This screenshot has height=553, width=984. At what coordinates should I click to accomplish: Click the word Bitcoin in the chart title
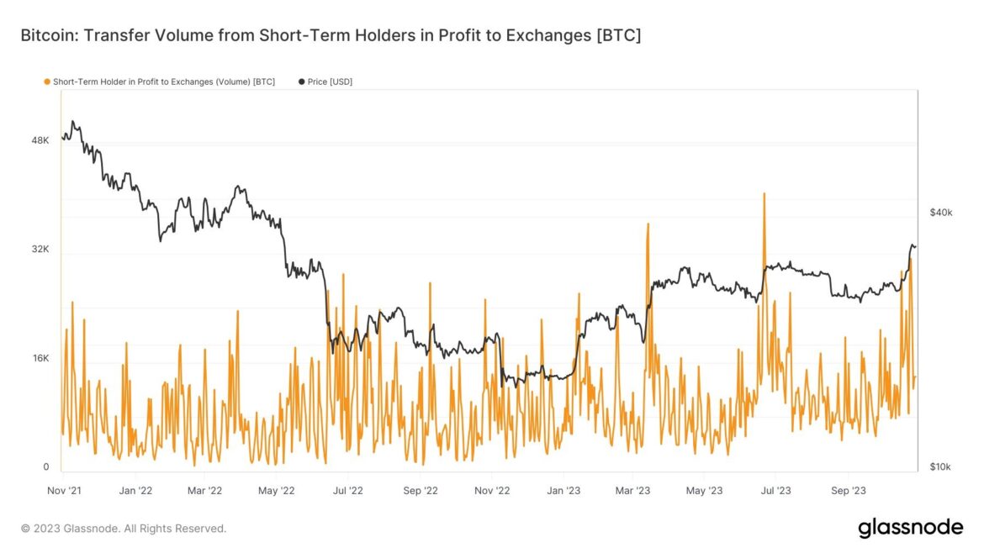(47, 36)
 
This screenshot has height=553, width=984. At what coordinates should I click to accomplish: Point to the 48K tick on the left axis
(40, 140)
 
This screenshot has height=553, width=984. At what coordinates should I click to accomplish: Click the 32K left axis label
(40, 250)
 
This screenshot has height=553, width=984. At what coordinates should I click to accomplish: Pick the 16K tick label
(40, 359)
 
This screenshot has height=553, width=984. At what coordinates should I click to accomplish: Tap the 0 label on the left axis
(46, 467)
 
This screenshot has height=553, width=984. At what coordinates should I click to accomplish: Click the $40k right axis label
(940, 213)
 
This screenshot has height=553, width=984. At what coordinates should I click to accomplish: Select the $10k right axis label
(940, 467)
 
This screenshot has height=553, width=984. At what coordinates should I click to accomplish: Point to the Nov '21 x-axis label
(63, 490)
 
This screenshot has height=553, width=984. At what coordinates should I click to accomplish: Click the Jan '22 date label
(135, 490)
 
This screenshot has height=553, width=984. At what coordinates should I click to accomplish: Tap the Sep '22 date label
(420, 490)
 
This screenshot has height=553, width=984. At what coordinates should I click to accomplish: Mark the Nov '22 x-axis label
(492, 490)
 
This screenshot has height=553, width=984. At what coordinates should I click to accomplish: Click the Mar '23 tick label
(632, 490)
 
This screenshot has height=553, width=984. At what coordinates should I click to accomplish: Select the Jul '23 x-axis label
(776, 490)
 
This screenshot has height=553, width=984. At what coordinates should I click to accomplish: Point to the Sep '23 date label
(848, 490)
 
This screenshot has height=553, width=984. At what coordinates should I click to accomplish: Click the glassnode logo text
(910, 528)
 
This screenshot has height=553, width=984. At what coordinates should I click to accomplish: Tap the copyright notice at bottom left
(124, 529)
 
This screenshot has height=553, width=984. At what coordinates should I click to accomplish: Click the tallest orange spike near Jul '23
(764, 195)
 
